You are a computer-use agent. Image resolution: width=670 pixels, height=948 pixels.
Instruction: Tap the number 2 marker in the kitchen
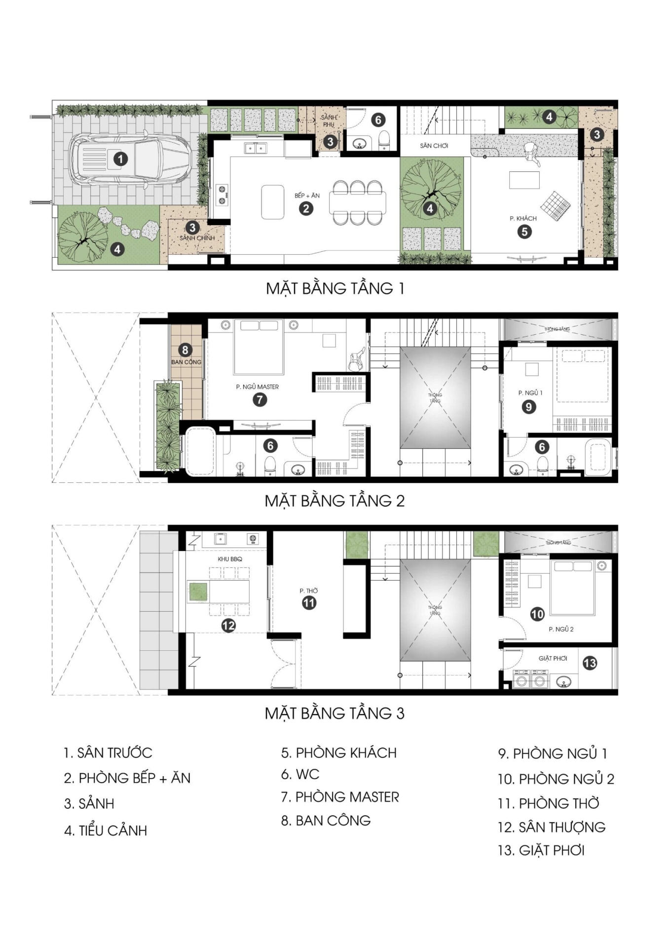click(x=306, y=208)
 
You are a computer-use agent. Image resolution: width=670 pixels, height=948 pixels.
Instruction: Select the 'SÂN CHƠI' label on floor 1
click(x=434, y=146)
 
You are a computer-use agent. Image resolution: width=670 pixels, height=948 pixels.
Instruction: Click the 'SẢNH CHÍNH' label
click(x=197, y=238)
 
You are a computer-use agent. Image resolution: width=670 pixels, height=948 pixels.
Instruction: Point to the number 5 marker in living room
click(x=524, y=232)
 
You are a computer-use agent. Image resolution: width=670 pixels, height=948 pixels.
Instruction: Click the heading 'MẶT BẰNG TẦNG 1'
click(x=335, y=288)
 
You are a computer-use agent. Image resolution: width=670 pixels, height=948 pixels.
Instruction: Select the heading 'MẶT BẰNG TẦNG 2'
click(x=335, y=501)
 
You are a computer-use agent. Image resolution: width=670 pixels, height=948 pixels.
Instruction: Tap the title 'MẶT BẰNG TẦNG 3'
click(x=335, y=713)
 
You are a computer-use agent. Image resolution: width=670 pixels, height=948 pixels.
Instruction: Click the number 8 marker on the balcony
click(x=185, y=350)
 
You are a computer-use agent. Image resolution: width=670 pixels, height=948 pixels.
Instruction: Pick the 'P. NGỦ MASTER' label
click(x=257, y=387)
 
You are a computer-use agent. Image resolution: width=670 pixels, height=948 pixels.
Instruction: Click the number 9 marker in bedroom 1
click(x=528, y=407)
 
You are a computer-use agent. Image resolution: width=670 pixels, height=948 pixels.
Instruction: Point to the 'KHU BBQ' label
click(x=230, y=559)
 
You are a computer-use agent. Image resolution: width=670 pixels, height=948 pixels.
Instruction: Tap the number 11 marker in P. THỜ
click(x=309, y=603)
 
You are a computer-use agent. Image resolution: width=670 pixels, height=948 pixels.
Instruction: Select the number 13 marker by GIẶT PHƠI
click(x=590, y=663)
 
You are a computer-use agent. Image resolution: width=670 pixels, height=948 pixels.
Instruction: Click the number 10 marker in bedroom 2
click(x=537, y=614)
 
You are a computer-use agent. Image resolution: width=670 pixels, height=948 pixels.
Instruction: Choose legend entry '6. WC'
click(x=300, y=774)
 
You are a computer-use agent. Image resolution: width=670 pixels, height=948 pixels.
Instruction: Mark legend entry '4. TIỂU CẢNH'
click(x=106, y=830)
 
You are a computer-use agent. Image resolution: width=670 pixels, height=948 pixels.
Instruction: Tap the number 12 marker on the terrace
click(x=228, y=626)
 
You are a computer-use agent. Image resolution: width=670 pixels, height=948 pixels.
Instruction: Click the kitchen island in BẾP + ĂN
click(x=272, y=201)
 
